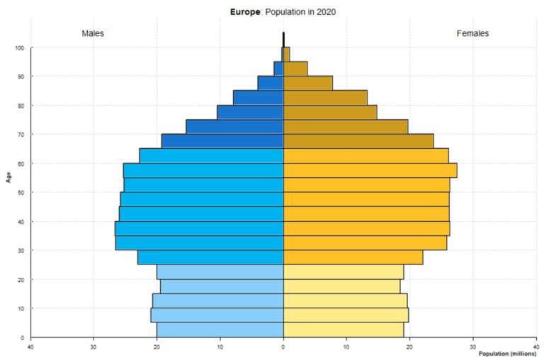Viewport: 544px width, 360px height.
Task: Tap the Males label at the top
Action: pyautogui.click(x=93, y=34)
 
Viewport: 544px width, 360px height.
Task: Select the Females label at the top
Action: pyautogui.click(x=472, y=34)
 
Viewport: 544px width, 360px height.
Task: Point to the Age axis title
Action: pyautogui.click(x=8, y=177)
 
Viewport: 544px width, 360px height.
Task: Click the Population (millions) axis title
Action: pyautogui.click(x=507, y=353)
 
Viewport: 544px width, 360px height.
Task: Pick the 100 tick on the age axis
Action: pyautogui.click(x=20, y=48)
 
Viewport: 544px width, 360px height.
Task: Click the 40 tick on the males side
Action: pyautogui.click(x=30, y=347)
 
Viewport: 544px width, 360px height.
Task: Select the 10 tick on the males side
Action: pyautogui.click(x=220, y=347)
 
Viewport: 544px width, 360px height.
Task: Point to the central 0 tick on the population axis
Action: pyautogui.click(x=283, y=347)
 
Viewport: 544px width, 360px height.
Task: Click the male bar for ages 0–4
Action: pyautogui.click(x=220, y=330)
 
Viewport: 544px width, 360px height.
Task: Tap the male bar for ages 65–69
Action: pyautogui.click(x=222, y=141)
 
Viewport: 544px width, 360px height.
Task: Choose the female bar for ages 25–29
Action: pyautogui.click(x=353, y=257)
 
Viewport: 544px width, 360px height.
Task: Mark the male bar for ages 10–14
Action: pyautogui.click(x=218, y=301)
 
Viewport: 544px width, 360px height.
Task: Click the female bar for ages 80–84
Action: pyautogui.click(x=325, y=97)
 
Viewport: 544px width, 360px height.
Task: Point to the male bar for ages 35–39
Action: pyautogui.click(x=199, y=228)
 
